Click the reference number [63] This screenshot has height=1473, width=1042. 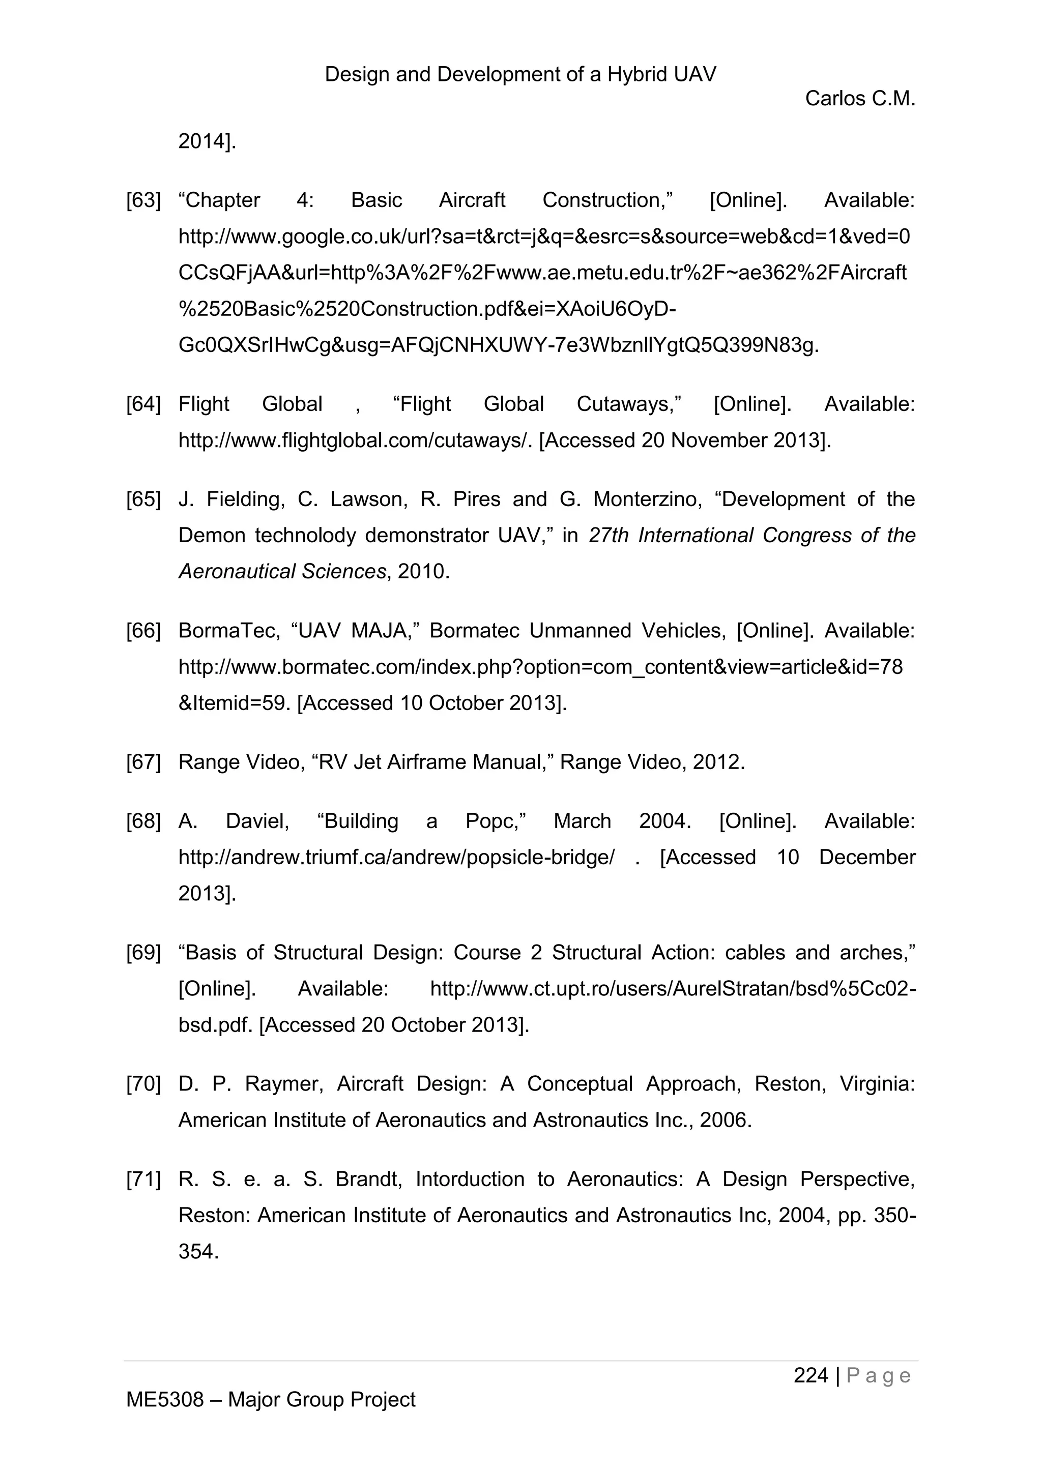(x=143, y=201)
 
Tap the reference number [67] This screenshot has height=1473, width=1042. (x=143, y=762)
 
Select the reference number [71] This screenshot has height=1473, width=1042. (x=143, y=1179)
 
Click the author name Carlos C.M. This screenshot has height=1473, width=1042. (x=860, y=99)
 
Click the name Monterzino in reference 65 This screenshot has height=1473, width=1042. (x=646, y=499)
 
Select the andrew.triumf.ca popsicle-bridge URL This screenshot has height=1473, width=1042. (x=396, y=858)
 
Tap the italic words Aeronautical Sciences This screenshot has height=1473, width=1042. (x=282, y=572)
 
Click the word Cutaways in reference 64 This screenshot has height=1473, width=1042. (x=628, y=404)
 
